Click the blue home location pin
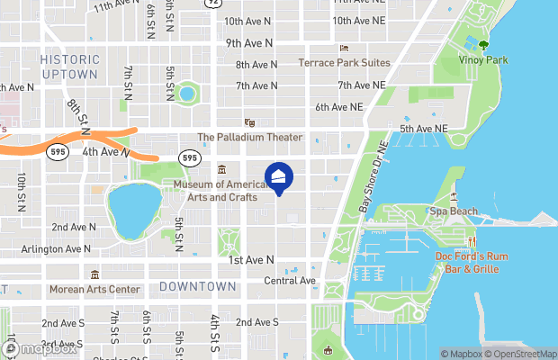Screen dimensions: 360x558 point(279,176)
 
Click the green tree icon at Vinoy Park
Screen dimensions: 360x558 point(484,41)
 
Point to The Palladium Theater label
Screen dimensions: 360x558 point(250,138)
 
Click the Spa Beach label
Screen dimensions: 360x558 point(454,211)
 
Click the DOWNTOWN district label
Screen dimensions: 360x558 point(198,286)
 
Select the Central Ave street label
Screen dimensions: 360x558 point(290,281)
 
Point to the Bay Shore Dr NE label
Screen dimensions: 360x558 point(373,175)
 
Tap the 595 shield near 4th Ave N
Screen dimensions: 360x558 point(189,157)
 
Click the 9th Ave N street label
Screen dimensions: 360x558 point(249,43)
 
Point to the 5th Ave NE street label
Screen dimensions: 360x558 point(423,130)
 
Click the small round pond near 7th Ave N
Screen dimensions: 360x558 point(187,93)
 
